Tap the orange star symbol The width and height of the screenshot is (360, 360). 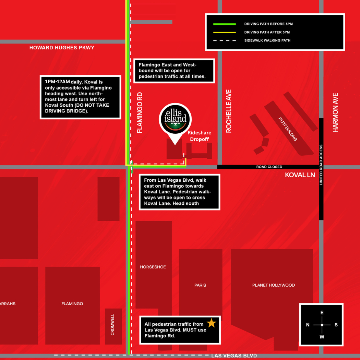(212, 323)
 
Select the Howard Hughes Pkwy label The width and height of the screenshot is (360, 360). (62, 48)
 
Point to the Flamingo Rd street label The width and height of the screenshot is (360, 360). (140, 112)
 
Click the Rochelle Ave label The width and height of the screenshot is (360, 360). (229, 111)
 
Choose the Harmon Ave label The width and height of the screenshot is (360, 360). (335, 112)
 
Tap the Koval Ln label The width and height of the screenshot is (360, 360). (300, 175)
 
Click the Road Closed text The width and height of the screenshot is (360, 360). (269, 167)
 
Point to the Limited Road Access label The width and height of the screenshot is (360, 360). (321, 165)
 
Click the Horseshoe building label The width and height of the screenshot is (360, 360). (153, 267)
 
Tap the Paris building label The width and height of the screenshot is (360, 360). (200, 285)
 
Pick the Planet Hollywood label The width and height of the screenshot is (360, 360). (273, 285)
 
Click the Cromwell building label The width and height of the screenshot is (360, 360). (112, 324)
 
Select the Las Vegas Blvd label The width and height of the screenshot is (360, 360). (234, 356)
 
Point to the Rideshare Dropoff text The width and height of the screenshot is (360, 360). (199, 136)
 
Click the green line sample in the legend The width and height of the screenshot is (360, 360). (224, 24)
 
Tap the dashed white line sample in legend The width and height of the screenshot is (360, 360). (224, 40)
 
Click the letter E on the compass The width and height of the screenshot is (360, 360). (322, 313)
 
